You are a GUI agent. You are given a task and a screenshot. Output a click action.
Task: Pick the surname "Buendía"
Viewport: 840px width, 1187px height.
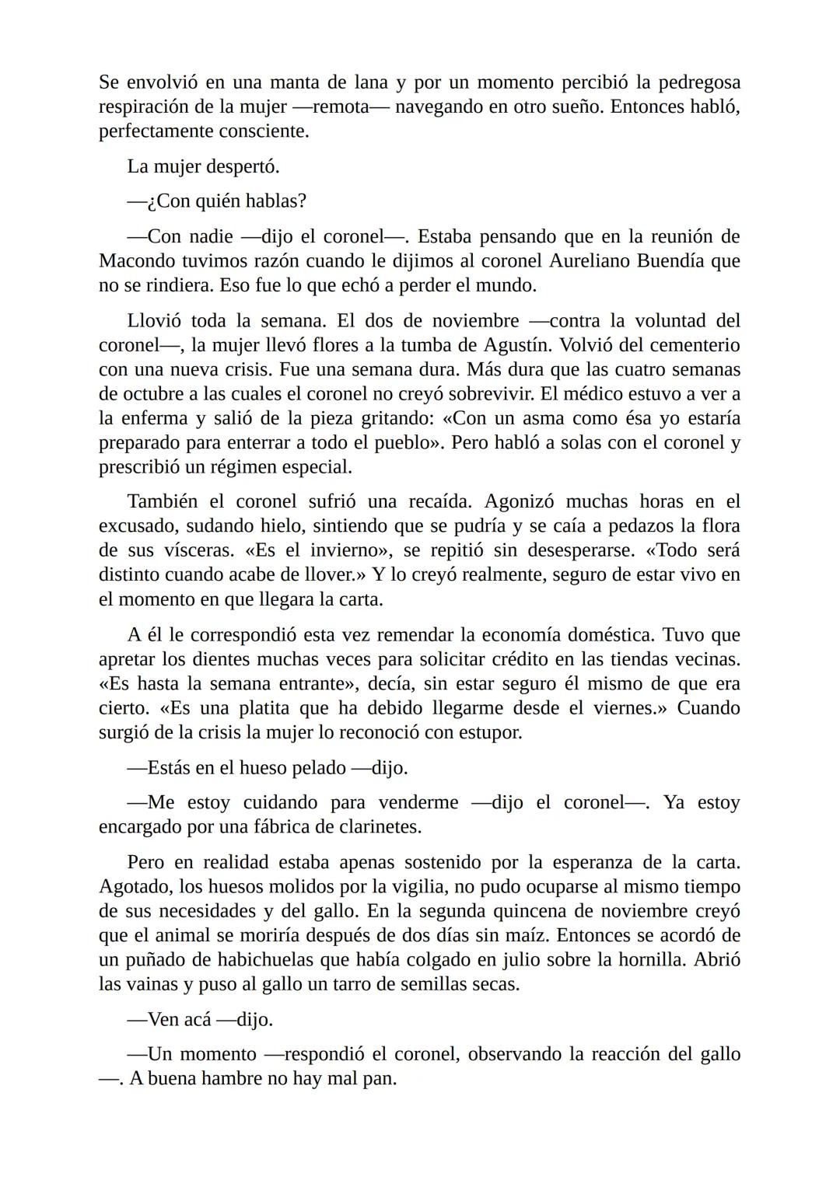click(x=679, y=260)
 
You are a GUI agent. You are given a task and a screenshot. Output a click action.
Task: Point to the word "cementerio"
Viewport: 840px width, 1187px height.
click(x=691, y=344)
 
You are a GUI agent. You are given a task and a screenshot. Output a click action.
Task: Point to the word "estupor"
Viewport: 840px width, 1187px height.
click(x=492, y=732)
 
